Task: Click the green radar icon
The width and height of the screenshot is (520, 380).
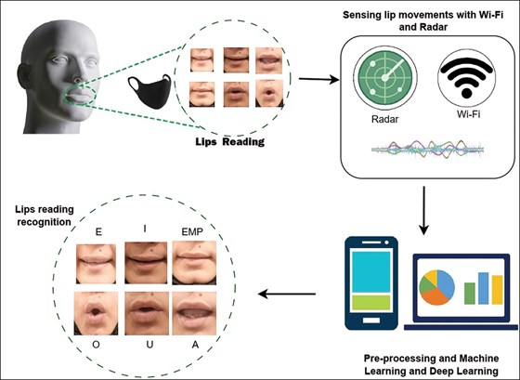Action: click(385, 78)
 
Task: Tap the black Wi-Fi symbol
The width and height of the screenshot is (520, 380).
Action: click(466, 78)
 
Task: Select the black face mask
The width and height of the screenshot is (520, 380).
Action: click(149, 92)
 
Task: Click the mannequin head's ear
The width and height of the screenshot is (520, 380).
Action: click(24, 76)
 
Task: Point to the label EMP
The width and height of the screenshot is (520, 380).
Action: click(192, 231)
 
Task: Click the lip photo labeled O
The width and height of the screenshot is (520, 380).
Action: click(96, 313)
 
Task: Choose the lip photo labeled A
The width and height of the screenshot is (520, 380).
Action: click(194, 313)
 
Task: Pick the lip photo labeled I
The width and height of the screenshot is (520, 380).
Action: click(146, 263)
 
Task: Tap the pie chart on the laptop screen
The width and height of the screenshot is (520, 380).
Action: click(436, 287)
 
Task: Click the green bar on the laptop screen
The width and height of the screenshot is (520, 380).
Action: click(470, 294)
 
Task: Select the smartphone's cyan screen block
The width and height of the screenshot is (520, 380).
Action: click(371, 272)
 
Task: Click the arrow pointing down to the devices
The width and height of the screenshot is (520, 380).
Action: click(423, 210)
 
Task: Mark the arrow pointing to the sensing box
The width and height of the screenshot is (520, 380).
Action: click(318, 79)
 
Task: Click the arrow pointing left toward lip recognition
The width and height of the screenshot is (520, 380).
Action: click(287, 294)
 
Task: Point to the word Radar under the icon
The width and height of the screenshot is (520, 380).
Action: click(385, 119)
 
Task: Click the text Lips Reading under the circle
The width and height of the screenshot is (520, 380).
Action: click(230, 142)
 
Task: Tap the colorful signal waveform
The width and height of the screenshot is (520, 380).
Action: click(428, 150)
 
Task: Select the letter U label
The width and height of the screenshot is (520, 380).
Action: click(149, 345)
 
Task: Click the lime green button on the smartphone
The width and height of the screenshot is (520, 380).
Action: click(371, 302)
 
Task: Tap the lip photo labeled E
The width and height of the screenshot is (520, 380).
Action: click(97, 264)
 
